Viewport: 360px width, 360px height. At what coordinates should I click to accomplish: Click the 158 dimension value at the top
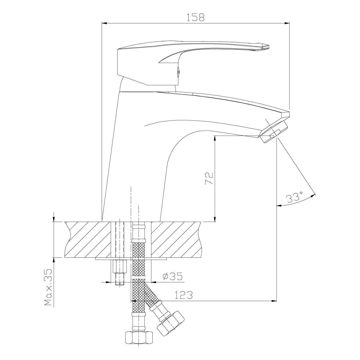pos(196,17)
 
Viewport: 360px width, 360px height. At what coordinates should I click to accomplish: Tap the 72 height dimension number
pos(209,178)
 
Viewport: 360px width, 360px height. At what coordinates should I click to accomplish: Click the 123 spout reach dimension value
pos(184,295)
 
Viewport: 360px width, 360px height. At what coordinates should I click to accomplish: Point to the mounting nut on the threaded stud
pos(120,266)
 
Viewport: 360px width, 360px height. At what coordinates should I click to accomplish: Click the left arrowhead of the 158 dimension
pos(104,23)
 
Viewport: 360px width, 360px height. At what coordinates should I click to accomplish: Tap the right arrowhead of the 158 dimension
pos(287,23)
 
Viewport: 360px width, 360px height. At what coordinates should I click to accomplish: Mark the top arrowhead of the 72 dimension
pos(215,138)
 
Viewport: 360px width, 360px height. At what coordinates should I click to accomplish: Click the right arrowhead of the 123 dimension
pos(274,301)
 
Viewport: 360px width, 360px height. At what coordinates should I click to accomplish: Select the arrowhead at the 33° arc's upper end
pos(313,196)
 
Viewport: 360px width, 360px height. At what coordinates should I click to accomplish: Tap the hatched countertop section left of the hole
pos(87,239)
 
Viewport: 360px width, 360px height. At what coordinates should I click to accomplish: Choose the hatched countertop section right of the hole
pos(176,239)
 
